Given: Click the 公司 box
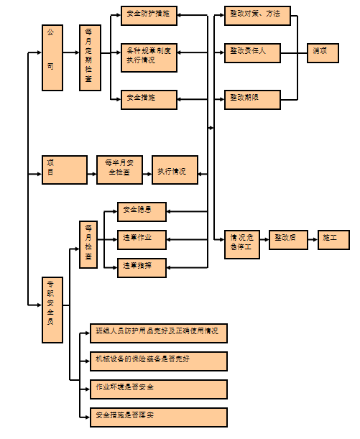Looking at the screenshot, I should click(52, 57).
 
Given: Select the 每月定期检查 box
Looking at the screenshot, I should click(90, 57).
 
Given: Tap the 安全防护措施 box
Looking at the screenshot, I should click(148, 14).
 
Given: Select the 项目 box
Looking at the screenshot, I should click(64, 170).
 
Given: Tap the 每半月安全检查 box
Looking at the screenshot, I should click(119, 170).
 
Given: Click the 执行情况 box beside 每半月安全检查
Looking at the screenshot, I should click(174, 170).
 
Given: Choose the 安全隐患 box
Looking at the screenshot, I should click(142, 211).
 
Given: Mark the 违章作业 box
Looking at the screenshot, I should click(142, 239).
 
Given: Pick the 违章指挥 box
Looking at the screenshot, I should click(142, 267).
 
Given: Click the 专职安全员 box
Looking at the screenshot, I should click(52, 302).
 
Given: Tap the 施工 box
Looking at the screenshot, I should click(333, 239).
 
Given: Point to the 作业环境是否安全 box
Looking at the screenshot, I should click(158, 389).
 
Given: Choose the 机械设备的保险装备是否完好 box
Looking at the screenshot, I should click(158, 361).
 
